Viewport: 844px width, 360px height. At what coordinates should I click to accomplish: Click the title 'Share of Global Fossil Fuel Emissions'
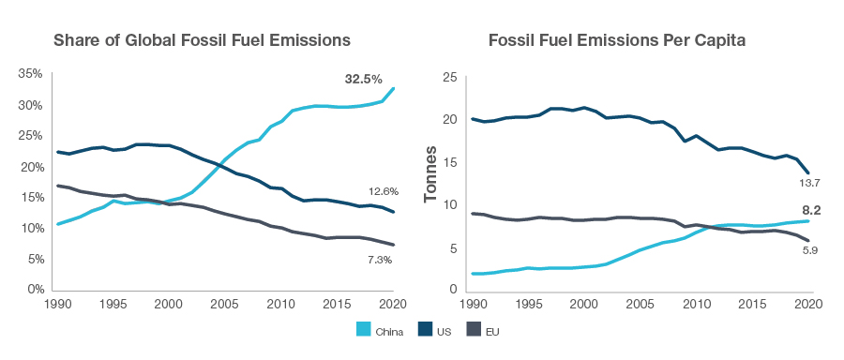click(202, 40)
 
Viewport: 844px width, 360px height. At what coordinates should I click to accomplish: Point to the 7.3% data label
click(379, 259)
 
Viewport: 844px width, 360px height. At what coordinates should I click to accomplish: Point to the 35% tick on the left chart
click(30, 73)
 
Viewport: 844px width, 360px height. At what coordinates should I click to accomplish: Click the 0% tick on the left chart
click(35, 290)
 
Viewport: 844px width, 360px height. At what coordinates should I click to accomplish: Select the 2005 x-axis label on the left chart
click(224, 304)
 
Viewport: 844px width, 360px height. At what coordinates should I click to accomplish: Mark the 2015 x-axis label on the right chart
click(751, 304)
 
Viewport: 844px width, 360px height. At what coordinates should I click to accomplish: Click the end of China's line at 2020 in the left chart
click(393, 88)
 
